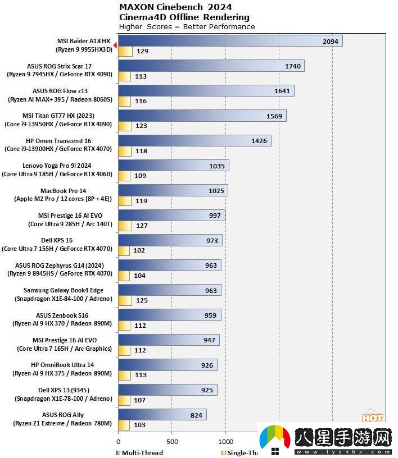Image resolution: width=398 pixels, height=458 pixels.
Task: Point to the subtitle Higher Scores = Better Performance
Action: click(187, 26)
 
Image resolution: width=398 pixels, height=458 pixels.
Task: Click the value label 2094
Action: click(331, 42)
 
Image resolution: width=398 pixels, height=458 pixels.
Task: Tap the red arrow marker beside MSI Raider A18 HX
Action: click(115, 45)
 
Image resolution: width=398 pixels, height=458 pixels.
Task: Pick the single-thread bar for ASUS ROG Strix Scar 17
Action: click(124, 76)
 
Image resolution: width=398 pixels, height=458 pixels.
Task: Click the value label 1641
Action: click(282, 91)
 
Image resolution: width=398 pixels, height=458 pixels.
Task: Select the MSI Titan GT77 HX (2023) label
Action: click(59, 116)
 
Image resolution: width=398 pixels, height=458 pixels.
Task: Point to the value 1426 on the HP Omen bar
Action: click(259, 141)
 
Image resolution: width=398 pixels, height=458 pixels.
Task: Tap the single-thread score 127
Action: click(142, 226)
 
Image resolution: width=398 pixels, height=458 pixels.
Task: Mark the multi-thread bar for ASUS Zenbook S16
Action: click(169, 315)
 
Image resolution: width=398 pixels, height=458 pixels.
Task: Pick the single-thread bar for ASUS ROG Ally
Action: click(124, 425)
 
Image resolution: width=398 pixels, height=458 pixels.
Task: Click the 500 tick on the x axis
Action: click(172, 441)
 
